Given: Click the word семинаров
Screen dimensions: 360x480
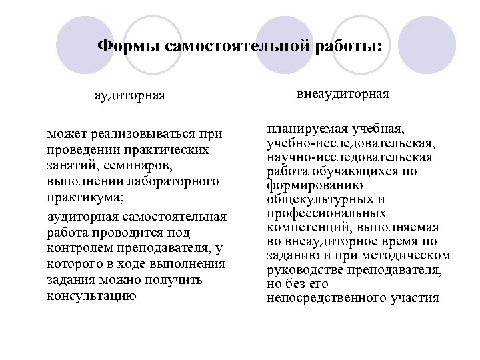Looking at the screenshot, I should [142, 164].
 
